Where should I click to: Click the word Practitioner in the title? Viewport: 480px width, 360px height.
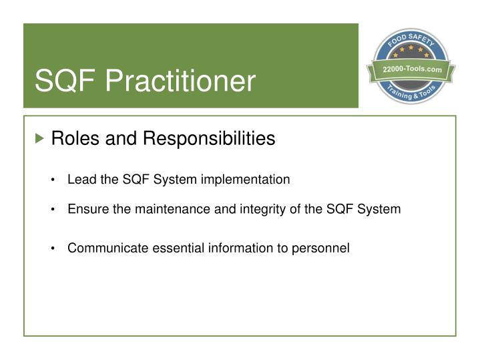pyautogui.click(x=180, y=82)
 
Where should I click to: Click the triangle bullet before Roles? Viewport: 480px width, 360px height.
pyautogui.click(x=41, y=139)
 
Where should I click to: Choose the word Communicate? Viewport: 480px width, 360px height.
pyautogui.click(x=102, y=248)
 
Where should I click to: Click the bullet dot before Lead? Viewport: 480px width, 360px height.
pyautogui.click(x=53, y=180)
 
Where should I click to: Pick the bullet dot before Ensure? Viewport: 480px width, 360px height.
pyautogui.click(x=53, y=210)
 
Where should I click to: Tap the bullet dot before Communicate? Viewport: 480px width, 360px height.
pyautogui.click(x=53, y=249)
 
